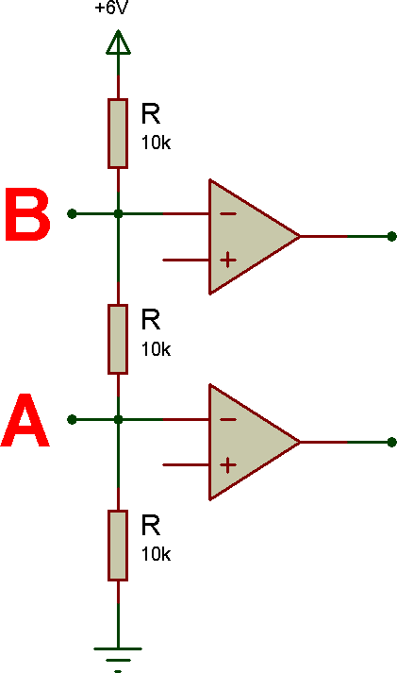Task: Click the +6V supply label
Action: click(x=111, y=8)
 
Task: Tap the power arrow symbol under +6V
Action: click(x=118, y=42)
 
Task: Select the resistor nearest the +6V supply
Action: click(x=118, y=133)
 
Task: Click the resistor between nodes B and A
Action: click(x=118, y=339)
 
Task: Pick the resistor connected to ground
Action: click(x=118, y=545)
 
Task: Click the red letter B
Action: click(x=27, y=214)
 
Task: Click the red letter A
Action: click(x=25, y=420)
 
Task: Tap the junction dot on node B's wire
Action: click(x=118, y=213)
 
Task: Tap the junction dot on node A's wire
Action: click(x=118, y=419)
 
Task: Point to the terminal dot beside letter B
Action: click(x=72, y=213)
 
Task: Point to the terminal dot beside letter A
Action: click(x=72, y=419)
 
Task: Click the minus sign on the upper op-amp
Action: click(x=228, y=213)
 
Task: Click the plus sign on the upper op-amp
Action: click(x=228, y=261)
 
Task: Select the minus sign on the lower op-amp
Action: click(x=228, y=419)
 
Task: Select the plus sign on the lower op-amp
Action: click(x=228, y=464)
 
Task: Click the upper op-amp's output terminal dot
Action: click(x=391, y=237)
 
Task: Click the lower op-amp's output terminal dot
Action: click(x=391, y=442)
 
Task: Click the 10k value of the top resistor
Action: click(x=156, y=143)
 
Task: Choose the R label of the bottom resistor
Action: click(x=151, y=526)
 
